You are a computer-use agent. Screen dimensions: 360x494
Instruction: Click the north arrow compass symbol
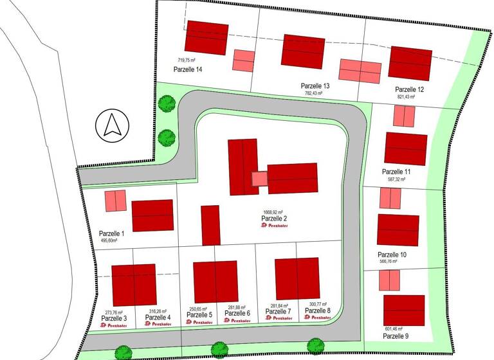[112, 124]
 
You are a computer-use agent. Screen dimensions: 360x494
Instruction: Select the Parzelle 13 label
[315, 85]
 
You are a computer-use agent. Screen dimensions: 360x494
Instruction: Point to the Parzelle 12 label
[410, 89]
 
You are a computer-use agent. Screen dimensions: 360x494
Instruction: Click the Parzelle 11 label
[396, 172]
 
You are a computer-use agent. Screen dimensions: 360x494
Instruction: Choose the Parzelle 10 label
[392, 255]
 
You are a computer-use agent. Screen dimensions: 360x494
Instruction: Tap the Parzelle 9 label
[396, 336]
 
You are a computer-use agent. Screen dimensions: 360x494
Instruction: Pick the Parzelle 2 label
[273, 219]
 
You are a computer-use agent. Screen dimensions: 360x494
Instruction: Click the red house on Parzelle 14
[206, 37]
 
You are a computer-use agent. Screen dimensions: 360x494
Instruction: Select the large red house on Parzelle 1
[152, 215]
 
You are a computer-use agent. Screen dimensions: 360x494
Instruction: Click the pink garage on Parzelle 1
[115, 201]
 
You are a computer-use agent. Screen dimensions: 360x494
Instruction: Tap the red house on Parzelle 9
[404, 310]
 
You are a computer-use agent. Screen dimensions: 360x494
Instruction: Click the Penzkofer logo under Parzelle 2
[273, 226]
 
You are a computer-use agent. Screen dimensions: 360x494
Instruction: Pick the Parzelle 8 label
[317, 310]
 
